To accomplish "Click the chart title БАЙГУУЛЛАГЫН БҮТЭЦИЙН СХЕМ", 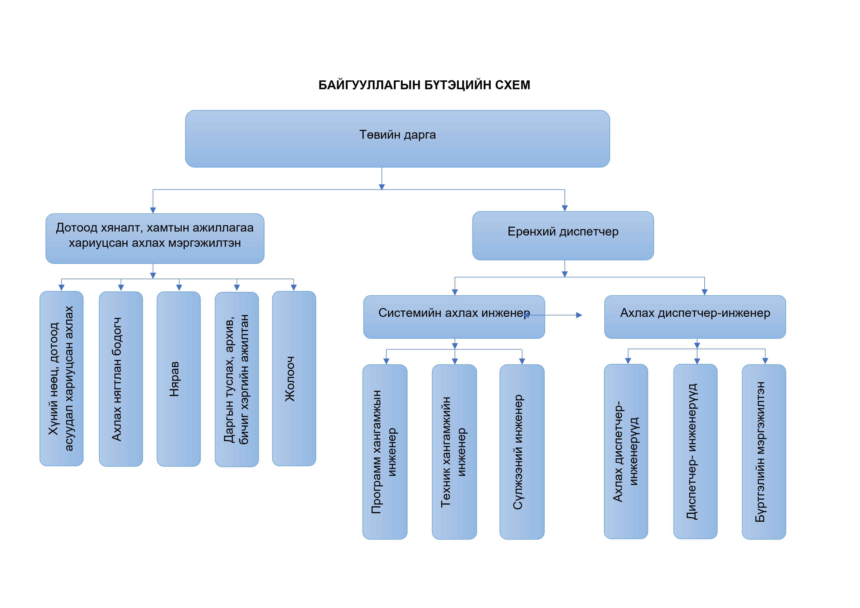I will click(424, 85).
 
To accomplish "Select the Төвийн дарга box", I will click(398, 139).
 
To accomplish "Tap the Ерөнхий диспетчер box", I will click(563, 236).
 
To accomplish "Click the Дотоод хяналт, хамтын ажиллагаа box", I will click(155, 239).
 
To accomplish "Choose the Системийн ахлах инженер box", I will click(454, 317).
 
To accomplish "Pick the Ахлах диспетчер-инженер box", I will click(695, 317).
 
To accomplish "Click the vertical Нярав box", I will click(179, 379).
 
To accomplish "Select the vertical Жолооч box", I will click(294, 378).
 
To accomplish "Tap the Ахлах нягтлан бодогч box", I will click(121, 379).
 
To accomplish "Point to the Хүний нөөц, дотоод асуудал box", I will click(62, 378).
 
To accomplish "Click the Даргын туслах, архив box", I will click(237, 379).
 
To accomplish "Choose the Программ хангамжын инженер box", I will click(385, 452).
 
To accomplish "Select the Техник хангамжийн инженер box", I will click(454, 452).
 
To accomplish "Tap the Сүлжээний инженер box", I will click(522, 452).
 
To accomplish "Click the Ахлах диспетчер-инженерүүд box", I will click(626, 451).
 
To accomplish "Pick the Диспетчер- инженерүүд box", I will click(695, 451).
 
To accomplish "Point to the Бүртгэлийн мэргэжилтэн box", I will click(764, 452).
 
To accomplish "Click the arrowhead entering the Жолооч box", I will click(294, 287).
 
